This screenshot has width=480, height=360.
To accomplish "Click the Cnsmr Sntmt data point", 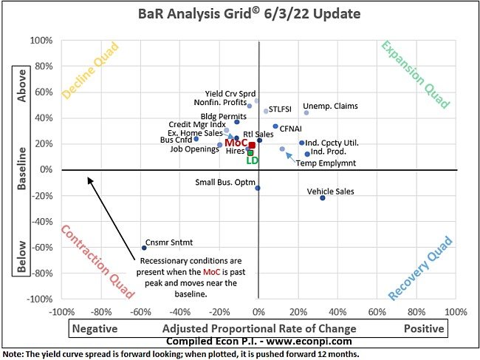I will point(144,248).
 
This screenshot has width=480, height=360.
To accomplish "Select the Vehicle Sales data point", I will point(323,198).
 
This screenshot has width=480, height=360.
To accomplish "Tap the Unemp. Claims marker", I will point(306,112).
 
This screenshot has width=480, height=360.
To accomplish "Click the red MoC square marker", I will point(252,146).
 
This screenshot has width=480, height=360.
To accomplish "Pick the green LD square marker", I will point(250,153).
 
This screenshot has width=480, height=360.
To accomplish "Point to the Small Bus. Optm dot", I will point(258,188).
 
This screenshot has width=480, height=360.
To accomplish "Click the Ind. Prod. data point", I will point(307,154).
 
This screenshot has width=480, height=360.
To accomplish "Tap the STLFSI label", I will point(280,109).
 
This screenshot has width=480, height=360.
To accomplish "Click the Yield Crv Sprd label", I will point(229,94).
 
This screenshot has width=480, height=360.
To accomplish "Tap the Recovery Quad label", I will point(421,268).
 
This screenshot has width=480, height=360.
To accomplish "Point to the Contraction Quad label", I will point(93,264).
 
